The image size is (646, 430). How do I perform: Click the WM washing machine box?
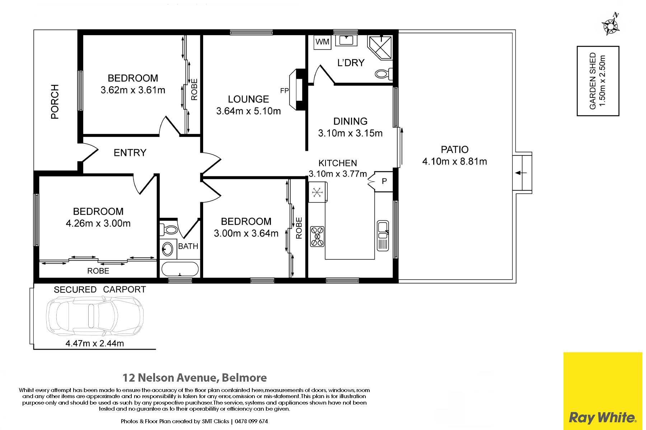(x=322, y=42)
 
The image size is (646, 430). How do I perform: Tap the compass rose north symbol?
(x=610, y=25)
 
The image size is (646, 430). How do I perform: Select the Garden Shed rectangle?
(x=598, y=81)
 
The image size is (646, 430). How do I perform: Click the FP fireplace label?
(x=284, y=91)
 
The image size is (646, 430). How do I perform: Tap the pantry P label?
(x=384, y=181)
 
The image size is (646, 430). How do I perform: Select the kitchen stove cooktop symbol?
(x=317, y=236)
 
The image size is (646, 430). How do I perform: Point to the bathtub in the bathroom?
(x=180, y=269)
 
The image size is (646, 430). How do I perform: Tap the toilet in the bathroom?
(x=168, y=229)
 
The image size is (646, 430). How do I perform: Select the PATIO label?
(x=455, y=149)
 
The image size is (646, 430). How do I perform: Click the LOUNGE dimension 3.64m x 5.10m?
(x=248, y=111)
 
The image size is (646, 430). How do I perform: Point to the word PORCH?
(x=55, y=102)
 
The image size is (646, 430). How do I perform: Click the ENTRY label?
(x=130, y=153)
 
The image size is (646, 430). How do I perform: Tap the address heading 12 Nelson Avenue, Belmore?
(x=195, y=378)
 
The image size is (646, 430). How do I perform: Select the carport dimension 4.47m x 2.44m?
(x=95, y=343)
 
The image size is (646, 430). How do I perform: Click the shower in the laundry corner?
(x=380, y=47)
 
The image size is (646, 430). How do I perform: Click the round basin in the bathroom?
(x=167, y=249)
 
